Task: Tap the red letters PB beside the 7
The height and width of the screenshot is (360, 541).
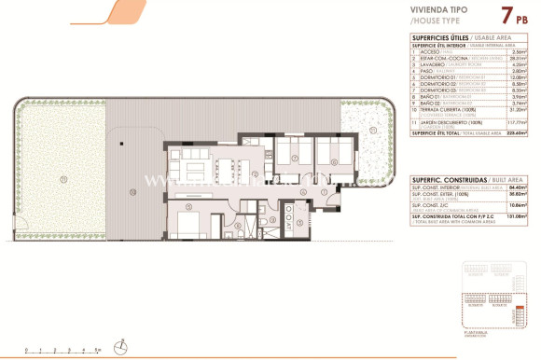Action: [506, 19]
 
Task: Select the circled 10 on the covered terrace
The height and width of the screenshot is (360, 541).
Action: [133, 192]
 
